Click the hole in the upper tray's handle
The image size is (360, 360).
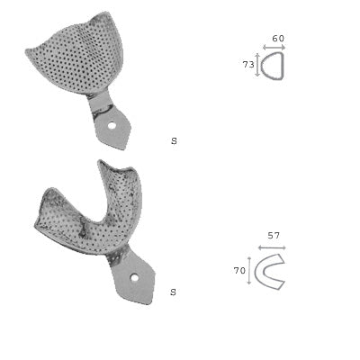pyautogui.click(x=112, y=126)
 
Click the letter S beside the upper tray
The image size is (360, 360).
pyautogui.click(x=174, y=141)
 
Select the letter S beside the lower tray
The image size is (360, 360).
pyautogui.click(x=173, y=292)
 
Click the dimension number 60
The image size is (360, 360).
pyautogui.click(x=278, y=39)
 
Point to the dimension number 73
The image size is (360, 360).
pyautogui.click(x=247, y=65)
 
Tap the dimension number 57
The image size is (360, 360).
pyautogui.click(x=274, y=236)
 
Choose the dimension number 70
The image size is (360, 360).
pyautogui.click(x=240, y=270)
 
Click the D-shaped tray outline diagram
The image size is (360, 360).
pyautogui.click(x=274, y=66)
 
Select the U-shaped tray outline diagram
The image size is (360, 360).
pyautogui.click(x=270, y=271)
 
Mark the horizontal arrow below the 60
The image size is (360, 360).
pyautogui.click(x=274, y=47)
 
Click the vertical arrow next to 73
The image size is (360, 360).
pyautogui.click(x=258, y=65)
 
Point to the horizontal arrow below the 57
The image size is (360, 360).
pyautogui.click(x=271, y=247)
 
